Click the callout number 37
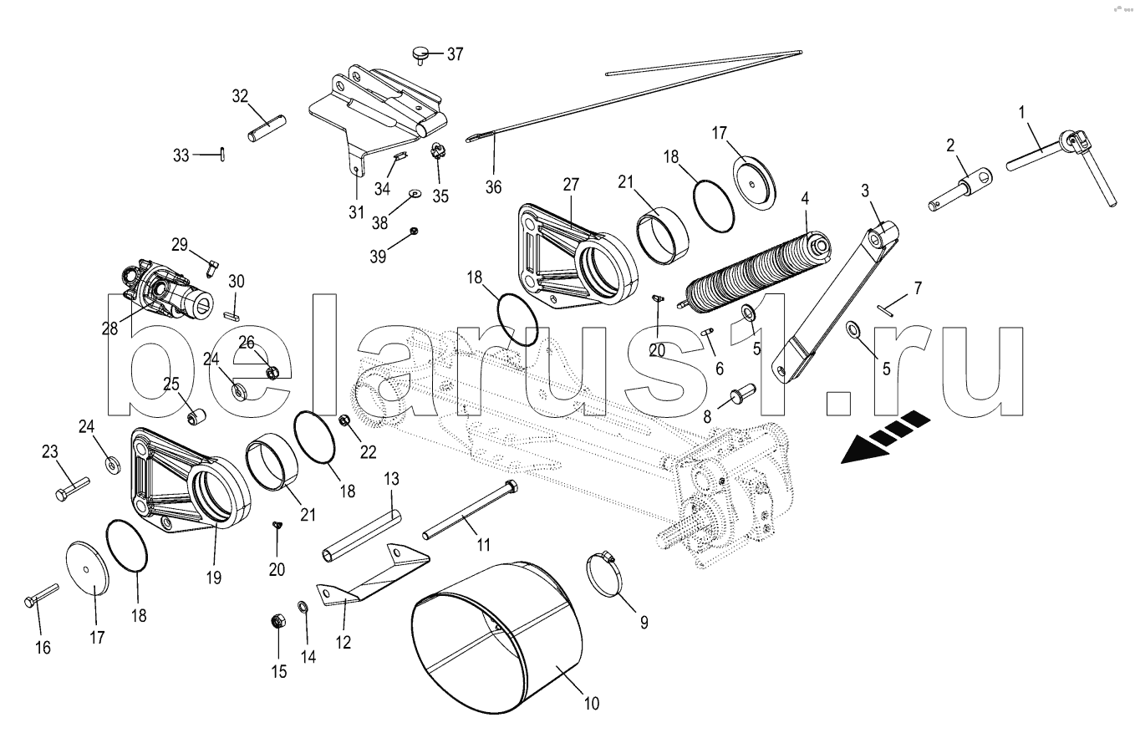pyautogui.click(x=455, y=53)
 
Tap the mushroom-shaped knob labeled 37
pyautogui.click(x=420, y=54)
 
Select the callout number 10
pyautogui.click(x=592, y=703)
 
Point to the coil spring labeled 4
pyautogui.click(x=755, y=272)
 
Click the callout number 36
pyautogui.click(x=493, y=187)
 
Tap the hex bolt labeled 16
pyautogui.click(x=42, y=595)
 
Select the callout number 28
pyautogui.click(x=109, y=328)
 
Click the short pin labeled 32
pyautogui.click(x=267, y=130)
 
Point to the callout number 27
pyautogui.click(x=571, y=185)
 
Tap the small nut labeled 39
pyautogui.click(x=414, y=231)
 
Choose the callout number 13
pyautogui.click(x=391, y=479)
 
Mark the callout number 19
pyautogui.click(x=214, y=577)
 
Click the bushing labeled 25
pyautogui.click(x=196, y=417)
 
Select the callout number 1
pyautogui.click(x=1021, y=113)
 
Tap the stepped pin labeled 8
pyautogui.click(x=742, y=393)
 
